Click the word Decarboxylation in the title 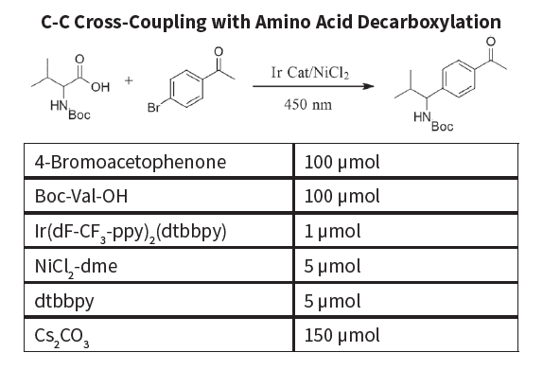429,22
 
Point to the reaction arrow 313,86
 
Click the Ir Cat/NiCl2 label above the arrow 309,73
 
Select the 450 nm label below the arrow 307,104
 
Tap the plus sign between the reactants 129,80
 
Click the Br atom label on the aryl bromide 153,107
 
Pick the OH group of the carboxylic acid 100,87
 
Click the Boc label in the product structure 442,127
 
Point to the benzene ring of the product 459,79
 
